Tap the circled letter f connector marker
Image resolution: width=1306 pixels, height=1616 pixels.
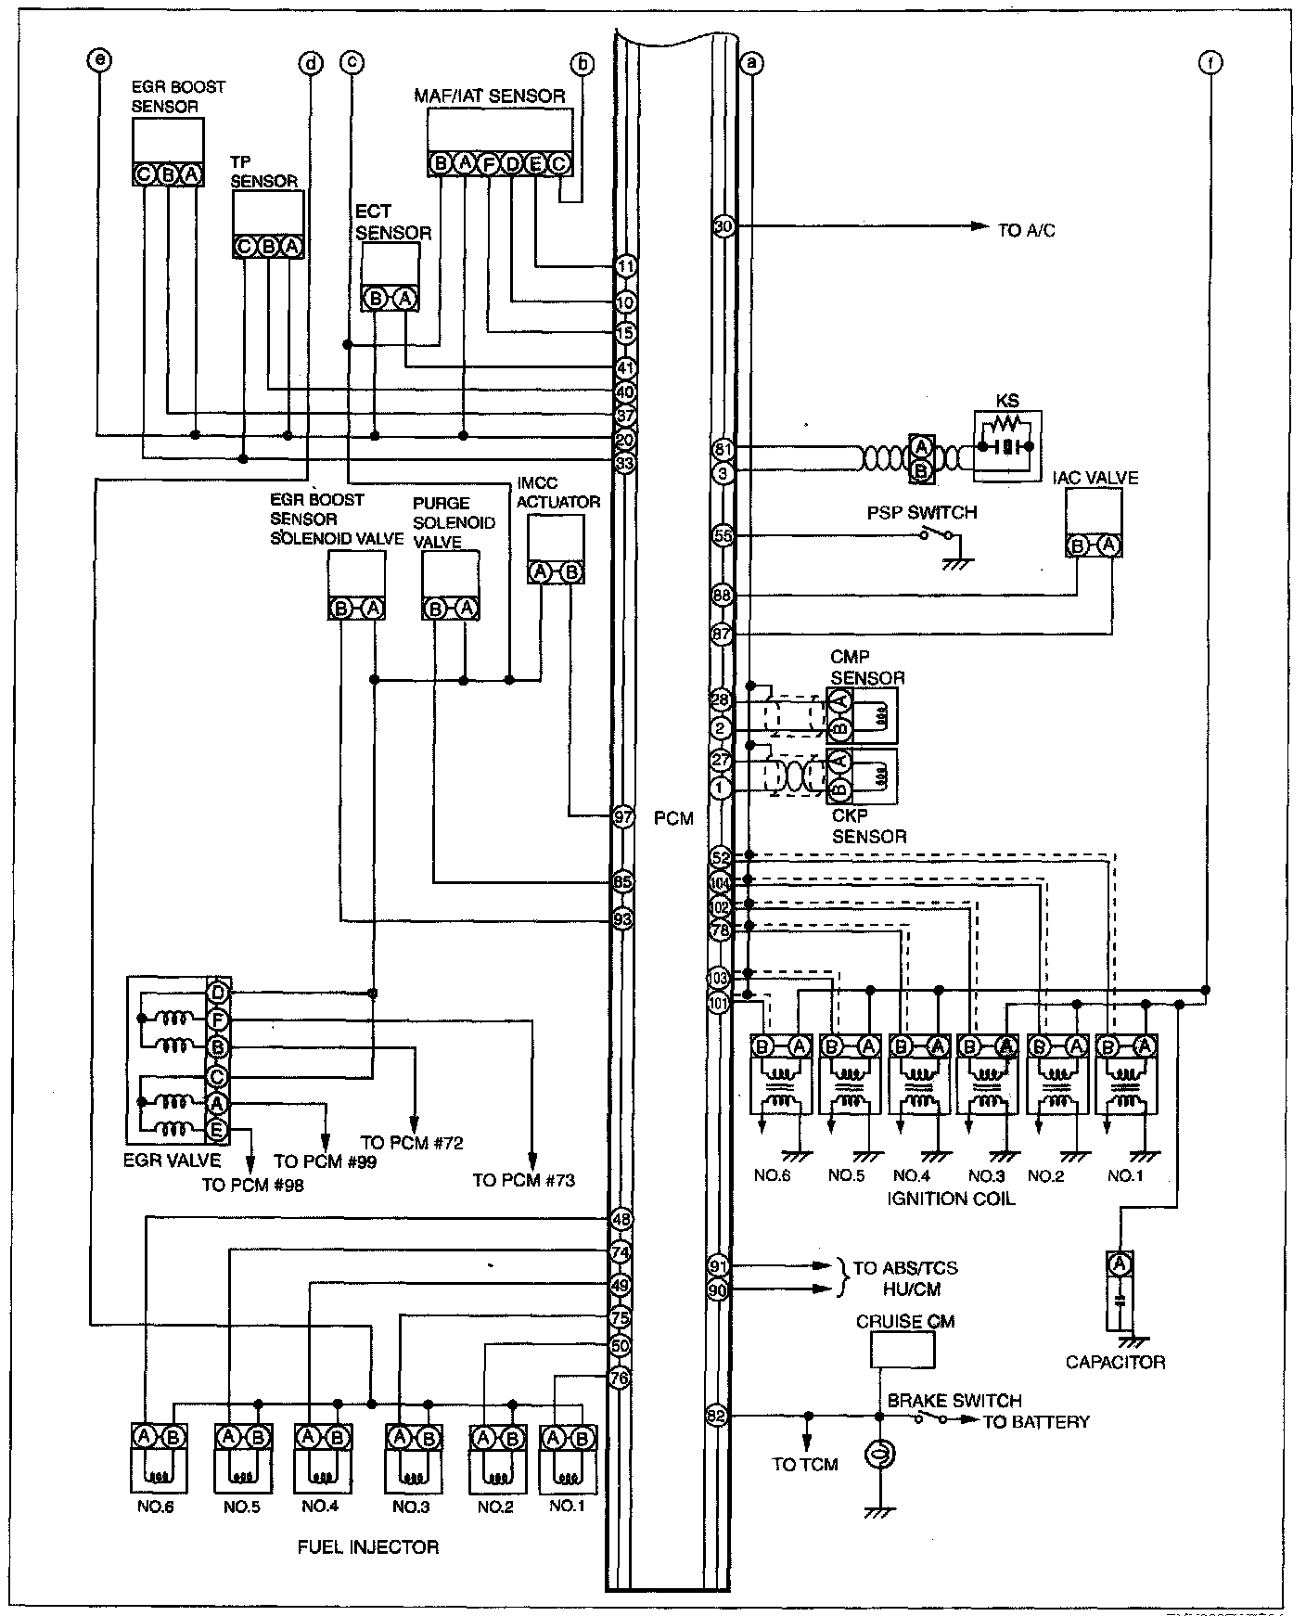[1210, 62]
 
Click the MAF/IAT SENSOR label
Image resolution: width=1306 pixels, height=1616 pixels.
[489, 96]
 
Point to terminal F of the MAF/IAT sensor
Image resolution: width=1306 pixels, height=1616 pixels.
[488, 164]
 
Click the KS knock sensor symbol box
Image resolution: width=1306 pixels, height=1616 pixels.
[1006, 447]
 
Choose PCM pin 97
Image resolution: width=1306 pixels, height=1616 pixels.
[623, 816]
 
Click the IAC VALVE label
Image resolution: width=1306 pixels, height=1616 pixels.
[1095, 478]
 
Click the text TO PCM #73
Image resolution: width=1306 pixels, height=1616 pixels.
[523, 1180]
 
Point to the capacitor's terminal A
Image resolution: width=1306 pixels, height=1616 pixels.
[1120, 1263]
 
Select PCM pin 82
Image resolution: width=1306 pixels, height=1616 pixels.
[717, 1416]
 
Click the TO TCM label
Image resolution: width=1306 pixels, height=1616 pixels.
[804, 1464]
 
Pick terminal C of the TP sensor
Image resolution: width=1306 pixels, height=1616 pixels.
[245, 247]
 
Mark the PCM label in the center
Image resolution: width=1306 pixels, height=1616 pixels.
[672, 819]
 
